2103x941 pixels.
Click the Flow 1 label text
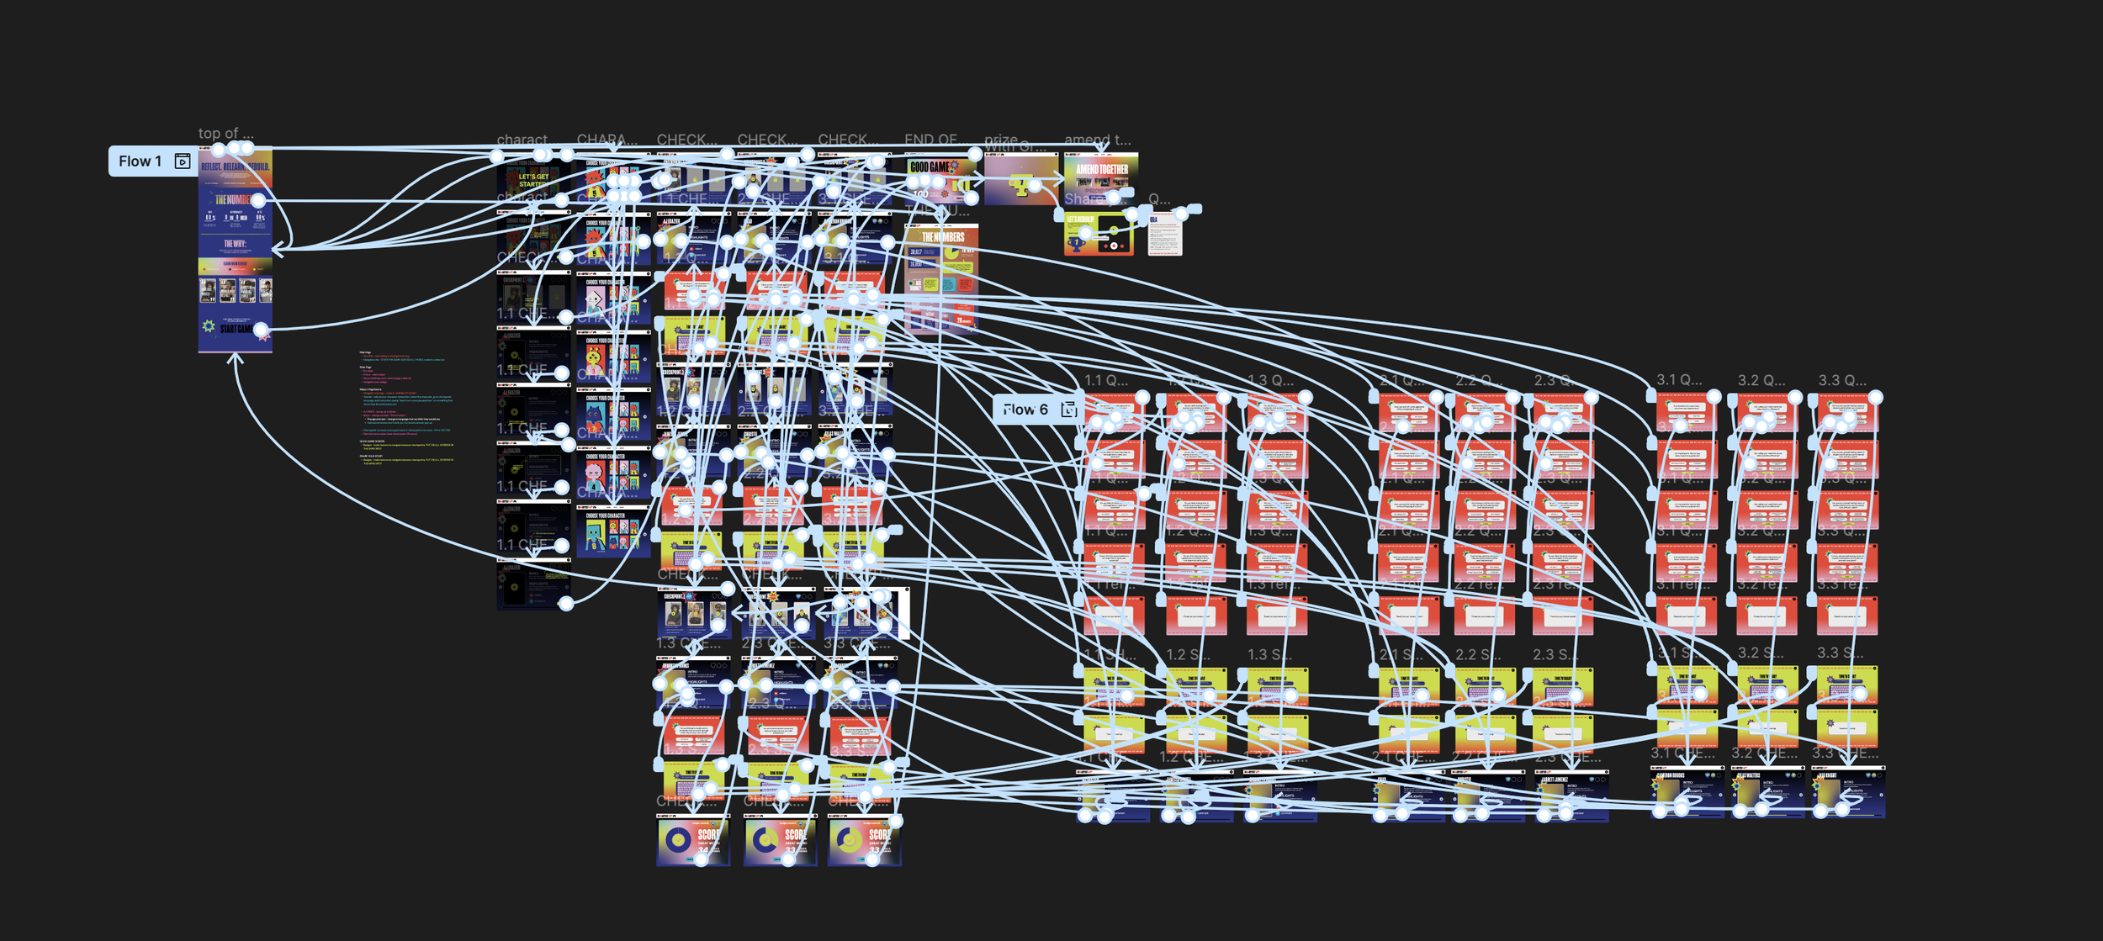pos(140,161)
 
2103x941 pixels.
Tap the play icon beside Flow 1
pos(183,161)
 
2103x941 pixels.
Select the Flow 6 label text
pos(1025,410)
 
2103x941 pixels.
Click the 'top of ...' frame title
pos(225,134)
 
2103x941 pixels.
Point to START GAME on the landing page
pos(235,329)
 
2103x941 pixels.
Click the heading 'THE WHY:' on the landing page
pos(235,244)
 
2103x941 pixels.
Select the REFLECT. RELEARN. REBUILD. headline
pos(235,167)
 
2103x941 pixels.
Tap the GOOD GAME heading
pos(930,167)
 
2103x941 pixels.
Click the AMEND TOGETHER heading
pos(1101,169)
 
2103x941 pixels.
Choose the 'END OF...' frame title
pos(930,140)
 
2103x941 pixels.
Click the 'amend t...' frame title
pos(1097,140)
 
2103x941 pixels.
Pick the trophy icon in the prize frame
pos(1020,187)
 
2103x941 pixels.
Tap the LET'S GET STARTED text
pos(533,180)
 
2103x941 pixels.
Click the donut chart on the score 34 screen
pos(677,838)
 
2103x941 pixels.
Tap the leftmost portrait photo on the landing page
pos(208,290)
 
